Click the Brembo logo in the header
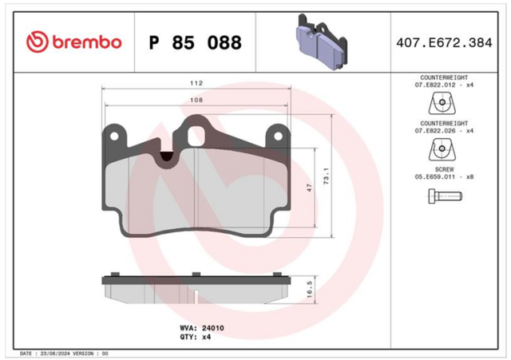74,42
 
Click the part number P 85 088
195,42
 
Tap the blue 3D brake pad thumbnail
321,42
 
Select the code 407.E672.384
444,42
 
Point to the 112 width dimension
196,83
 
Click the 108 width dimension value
196,100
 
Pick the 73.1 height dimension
326,176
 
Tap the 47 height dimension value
309,188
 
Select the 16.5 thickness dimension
309,290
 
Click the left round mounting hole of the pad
114,136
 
